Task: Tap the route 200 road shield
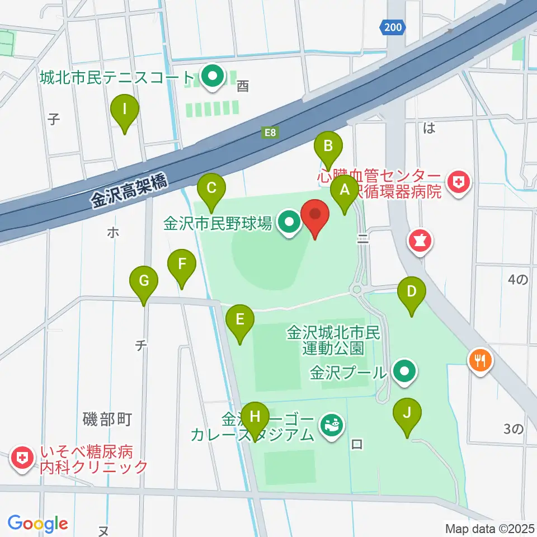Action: coord(392,27)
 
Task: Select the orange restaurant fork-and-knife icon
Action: coord(479,359)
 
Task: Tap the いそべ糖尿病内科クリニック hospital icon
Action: coord(22,459)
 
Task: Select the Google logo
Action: coord(37,524)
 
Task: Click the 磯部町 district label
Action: coord(106,419)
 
